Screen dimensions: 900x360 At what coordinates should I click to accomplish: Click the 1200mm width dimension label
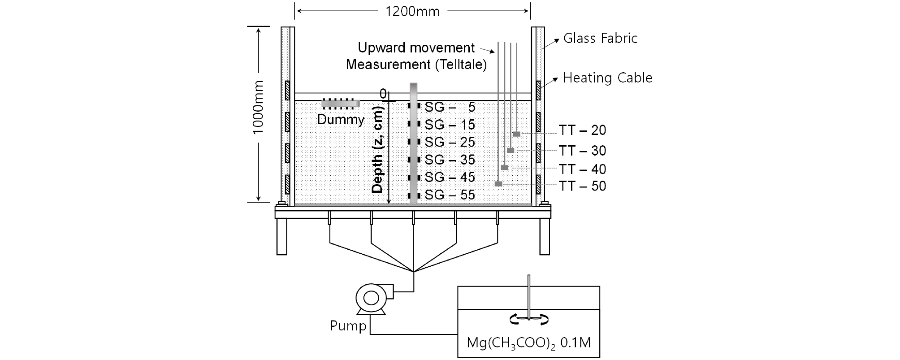click(x=412, y=11)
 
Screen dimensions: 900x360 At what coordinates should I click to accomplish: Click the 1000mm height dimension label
click(x=258, y=108)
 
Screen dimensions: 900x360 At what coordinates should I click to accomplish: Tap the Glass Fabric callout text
click(x=600, y=39)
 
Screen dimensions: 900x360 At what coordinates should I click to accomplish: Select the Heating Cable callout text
click(x=607, y=78)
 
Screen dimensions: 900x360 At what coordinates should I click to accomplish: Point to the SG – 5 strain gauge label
click(x=450, y=107)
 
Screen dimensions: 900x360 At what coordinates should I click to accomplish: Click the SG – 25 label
click(x=450, y=142)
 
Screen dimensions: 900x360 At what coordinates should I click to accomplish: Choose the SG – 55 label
click(x=450, y=195)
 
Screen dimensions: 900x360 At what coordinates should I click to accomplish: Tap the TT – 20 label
click(x=582, y=130)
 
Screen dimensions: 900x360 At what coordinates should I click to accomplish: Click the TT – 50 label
click(x=582, y=186)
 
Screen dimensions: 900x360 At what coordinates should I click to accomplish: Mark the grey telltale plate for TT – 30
click(x=511, y=150)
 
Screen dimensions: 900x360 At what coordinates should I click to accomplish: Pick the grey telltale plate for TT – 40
click(x=505, y=167)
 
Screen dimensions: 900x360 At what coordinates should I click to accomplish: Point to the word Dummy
click(x=341, y=120)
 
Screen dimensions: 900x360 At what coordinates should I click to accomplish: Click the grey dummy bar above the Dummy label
click(x=341, y=104)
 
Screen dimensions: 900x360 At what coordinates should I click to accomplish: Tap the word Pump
click(x=348, y=326)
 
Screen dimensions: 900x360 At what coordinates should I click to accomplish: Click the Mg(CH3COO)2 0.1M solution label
click(x=529, y=343)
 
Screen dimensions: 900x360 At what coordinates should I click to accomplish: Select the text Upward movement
click(x=416, y=48)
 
